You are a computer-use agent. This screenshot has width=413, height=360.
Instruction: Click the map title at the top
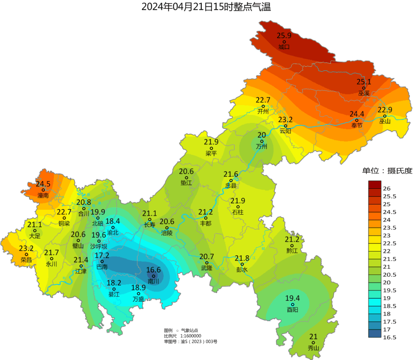click(x=206, y=7)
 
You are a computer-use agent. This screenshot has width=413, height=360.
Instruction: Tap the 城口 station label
click(x=284, y=47)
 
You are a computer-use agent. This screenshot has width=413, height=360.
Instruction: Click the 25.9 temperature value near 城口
click(x=284, y=36)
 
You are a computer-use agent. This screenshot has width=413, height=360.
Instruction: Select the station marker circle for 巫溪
click(x=364, y=88)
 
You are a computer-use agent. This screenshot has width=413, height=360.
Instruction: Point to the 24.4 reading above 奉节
click(x=357, y=114)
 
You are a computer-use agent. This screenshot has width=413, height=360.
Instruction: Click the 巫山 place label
click(x=385, y=122)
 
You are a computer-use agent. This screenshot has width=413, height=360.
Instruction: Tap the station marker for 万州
click(x=262, y=141)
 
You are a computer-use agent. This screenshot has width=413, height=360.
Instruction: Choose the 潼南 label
click(x=43, y=195)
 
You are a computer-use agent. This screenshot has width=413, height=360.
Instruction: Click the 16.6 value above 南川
click(x=153, y=270)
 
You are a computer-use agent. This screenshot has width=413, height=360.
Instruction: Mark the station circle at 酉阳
click(x=293, y=305)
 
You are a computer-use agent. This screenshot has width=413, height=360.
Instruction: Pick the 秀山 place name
click(x=313, y=348)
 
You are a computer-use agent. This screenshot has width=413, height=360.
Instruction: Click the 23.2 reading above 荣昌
click(x=26, y=248)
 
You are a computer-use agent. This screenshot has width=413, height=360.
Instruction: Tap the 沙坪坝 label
click(x=99, y=246)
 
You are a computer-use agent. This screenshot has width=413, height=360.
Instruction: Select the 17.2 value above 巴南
click(x=102, y=255)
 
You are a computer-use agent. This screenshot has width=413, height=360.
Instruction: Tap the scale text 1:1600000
click(x=190, y=336)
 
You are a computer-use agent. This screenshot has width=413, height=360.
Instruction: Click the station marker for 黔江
click(x=292, y=246)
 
